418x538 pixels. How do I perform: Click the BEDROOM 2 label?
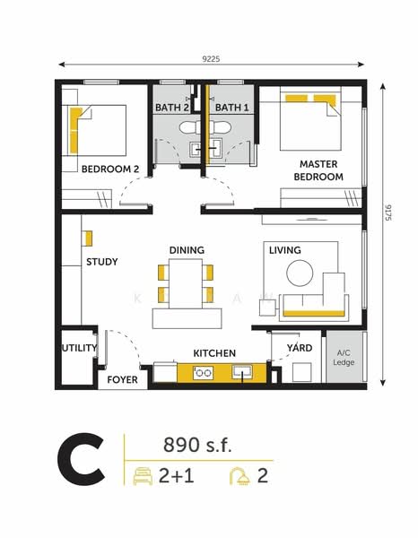pyautogui.click(x=110, y=169)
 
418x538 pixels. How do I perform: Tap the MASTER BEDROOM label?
pyautogui.click(x=318, y=170)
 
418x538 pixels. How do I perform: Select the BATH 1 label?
pyautogui.click(x=231, y=108)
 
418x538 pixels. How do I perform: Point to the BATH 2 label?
pyautogui.click(x=171, y=108)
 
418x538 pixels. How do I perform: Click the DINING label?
pyautogui.click(x=187, y=250)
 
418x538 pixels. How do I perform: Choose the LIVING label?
pyautogui.click(x=284, y=250)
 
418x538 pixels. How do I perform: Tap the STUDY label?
pyautogui.click(x=102, y=263)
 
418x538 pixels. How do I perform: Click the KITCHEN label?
pyautogui.click(x=214, y=354)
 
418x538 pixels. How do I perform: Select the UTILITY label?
pyautogui.click(x=79, y=348)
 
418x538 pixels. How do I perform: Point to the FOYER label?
pyautogui.click(x=122, y=380)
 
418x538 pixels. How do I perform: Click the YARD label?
pyautogui.click(x=299, y=348)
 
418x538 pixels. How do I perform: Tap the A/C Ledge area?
pyautogui.click(x=344, y=358)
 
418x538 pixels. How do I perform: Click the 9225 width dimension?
pyautogui.click(x=212, y=58)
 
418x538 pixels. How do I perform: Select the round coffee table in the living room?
pyautogui.click(x=300, y=272)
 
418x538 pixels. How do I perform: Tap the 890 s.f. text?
pyautogui.click(x=197, y=445)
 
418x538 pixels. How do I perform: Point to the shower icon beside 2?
pyautogui.click(x=239, y=476)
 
